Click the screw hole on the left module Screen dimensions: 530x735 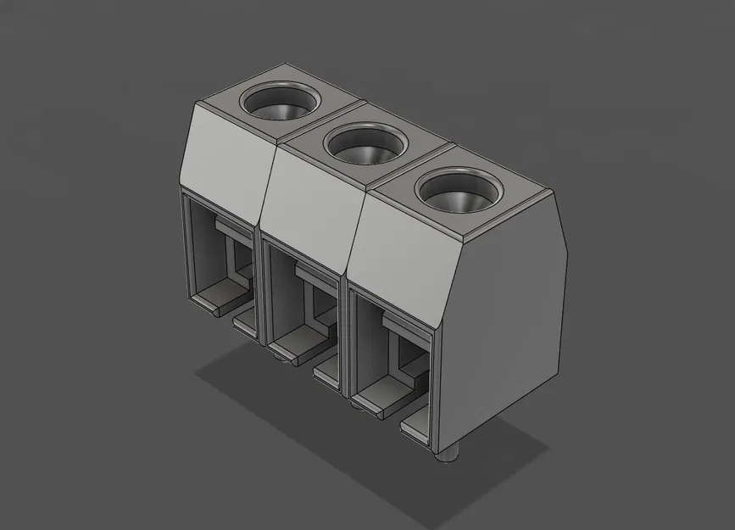[x=279, y=103]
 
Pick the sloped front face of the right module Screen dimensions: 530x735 [x=398, y=254]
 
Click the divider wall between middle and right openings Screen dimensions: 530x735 [x=345, y=339]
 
